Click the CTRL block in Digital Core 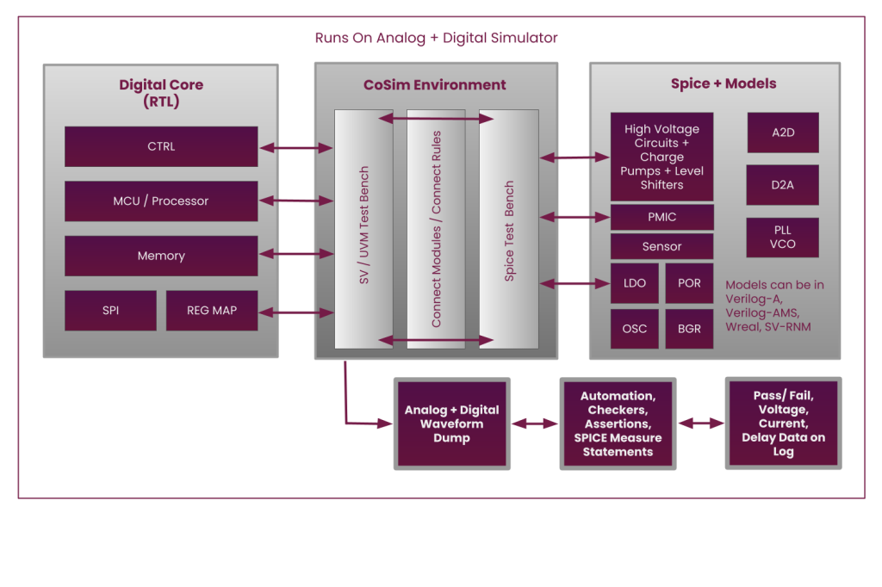click(x=161, y=146)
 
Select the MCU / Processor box click(x=161, y=201)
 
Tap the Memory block click(x=161, y=256)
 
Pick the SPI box click(x=110, y=310)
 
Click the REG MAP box click(x=212, y=310)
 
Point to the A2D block click(x=782, y=133)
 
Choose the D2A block click(x=782, y=185)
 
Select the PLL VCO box click(x=782, y=237)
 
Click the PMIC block click(x=661, y=217)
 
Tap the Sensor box click(x=661, y=246)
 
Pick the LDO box click(x=634, y=283)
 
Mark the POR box click(x=689, y=283)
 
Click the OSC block click(x=634, y=329)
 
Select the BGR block click(x=689, y=329)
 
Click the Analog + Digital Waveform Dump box click(x=451, y=423)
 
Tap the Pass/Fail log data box click(x=783, y=423)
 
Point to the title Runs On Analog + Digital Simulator click(x=436, y=38)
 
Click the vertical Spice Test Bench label click(x=509, y=230)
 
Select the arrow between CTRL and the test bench click(x=296, y=148)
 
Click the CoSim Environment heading click(x=434, y=84)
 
